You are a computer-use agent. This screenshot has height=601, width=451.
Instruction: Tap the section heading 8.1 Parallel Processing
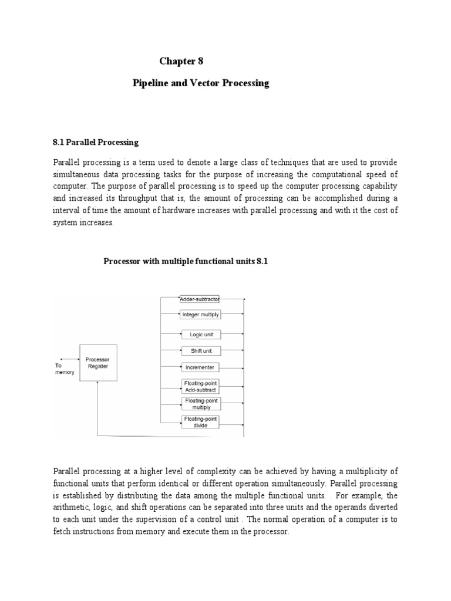click(96, 142)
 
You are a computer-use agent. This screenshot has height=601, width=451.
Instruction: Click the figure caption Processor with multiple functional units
click(186, 262)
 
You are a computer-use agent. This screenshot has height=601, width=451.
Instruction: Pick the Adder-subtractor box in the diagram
click(200, 299)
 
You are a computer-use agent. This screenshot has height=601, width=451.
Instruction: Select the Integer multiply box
click(200, 315)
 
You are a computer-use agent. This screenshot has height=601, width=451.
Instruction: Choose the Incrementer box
click(200, 367)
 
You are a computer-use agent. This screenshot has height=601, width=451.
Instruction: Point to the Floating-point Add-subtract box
click(200, 386)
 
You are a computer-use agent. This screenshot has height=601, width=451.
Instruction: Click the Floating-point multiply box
click(200, 403)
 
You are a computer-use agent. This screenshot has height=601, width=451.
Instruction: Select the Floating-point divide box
click(200, 421)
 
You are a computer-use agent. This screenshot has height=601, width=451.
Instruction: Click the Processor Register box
click(97, 363)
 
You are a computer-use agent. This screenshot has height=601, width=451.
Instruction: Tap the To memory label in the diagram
click(64, 368)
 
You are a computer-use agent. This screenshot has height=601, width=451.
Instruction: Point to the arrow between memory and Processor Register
click(69, 359)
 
